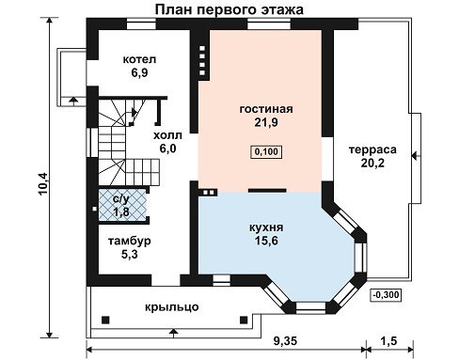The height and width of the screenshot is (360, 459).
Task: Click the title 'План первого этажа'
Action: point(229,9)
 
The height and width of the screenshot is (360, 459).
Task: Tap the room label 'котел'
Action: point(139,59)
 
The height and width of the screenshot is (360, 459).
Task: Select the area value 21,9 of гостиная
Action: point(266,122)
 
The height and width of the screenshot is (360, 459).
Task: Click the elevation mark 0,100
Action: point(266,152)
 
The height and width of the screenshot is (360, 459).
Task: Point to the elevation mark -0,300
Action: point(387,295)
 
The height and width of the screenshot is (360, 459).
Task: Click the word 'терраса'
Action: point(372,149)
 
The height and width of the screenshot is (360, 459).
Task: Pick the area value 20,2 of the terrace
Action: point(372,164)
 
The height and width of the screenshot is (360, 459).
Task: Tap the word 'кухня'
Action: point(266,227)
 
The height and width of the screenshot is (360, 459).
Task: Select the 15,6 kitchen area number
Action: point(266,241)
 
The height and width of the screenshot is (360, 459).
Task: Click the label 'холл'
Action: point(167,135)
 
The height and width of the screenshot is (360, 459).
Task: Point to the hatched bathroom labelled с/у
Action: point(122,204)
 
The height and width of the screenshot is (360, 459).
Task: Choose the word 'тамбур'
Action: point(130,241)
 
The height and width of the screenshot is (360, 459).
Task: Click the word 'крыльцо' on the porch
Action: point(172,306)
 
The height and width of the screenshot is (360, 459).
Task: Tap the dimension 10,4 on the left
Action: point(43,183)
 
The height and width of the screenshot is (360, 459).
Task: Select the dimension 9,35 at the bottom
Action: point(285,341)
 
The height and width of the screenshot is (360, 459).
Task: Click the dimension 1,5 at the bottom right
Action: point(389,340)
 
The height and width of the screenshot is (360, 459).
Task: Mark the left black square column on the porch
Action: point(105,320)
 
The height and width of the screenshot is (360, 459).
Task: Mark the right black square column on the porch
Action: point(244,320)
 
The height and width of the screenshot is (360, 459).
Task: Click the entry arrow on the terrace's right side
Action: point(415,156)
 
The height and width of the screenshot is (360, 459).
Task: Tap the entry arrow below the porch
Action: point(173,333)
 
